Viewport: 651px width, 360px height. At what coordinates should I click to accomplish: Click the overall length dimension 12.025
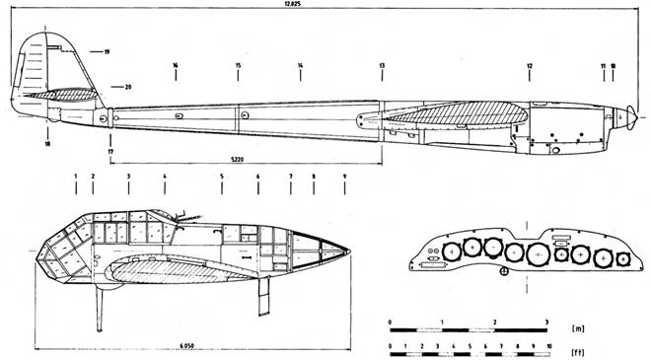coord(325,6)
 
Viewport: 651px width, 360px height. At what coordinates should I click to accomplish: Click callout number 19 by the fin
coord(107,50)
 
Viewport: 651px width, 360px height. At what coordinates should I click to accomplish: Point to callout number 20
coord(127,87)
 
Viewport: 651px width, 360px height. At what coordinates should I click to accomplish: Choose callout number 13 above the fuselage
coord(382,66)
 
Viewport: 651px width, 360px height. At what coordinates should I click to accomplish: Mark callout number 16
coord(175,66)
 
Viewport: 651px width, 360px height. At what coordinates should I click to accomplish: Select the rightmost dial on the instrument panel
coord(623,258)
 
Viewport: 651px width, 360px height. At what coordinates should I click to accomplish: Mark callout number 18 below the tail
coord(47,144)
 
